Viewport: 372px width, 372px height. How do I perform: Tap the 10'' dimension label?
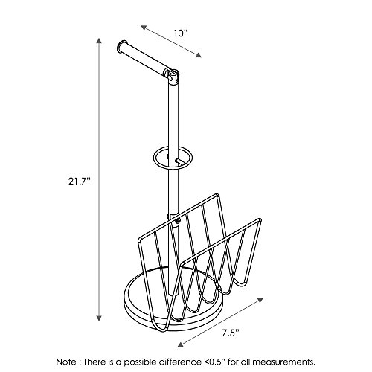coord(181,33)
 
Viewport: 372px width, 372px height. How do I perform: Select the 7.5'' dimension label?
coord(231,333)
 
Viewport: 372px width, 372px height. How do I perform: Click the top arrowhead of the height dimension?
coord(99,41)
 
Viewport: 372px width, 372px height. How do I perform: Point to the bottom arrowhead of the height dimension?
coord(99,318)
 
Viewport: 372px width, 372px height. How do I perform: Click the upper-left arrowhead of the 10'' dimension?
coord(144,28)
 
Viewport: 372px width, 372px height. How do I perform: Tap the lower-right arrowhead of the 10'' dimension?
coord(198,55)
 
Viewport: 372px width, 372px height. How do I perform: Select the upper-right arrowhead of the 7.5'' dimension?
coord(260,301)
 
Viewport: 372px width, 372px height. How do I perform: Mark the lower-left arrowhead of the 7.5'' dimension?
coord(181,344)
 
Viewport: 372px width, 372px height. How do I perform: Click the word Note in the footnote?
coord(66,362)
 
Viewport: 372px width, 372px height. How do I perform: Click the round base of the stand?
coord(149,320)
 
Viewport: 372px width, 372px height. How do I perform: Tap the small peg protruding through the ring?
coord(179,161)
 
